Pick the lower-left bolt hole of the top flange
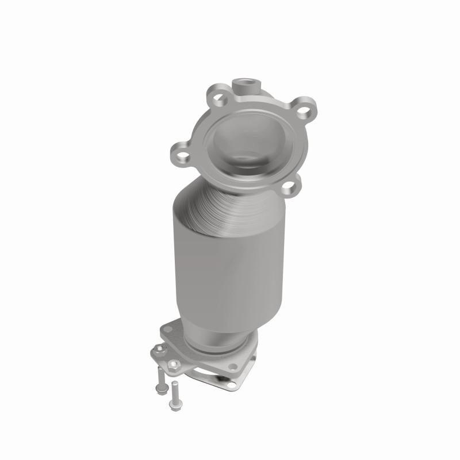(x=181, y=155)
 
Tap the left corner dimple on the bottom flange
(x=167, y=329)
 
